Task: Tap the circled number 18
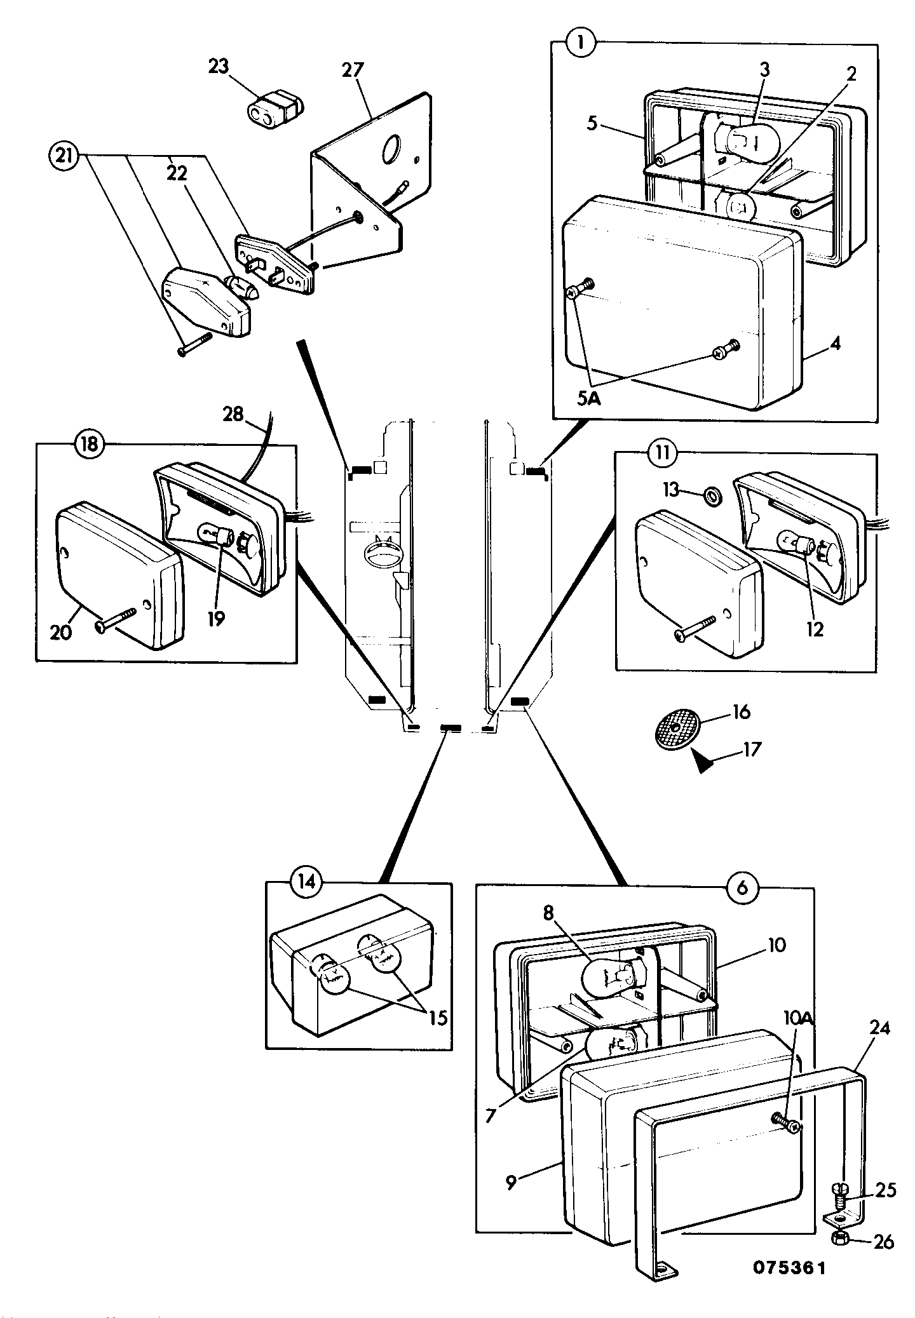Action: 89,443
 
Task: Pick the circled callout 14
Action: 306,884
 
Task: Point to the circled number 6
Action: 742,889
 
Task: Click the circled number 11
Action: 660,454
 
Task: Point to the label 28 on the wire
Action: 233,414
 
